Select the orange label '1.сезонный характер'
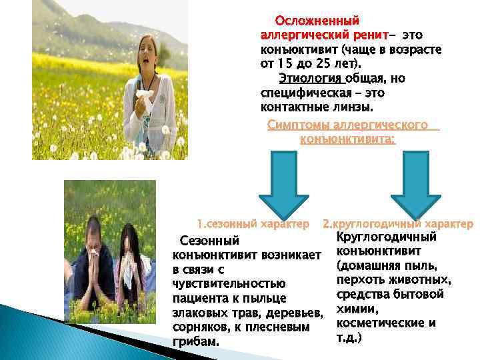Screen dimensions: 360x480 coord(253,222)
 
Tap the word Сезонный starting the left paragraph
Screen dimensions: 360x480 coord(209,241)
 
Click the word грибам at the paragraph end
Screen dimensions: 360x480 coord(194,342)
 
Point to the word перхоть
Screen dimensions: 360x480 coord(364,280)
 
